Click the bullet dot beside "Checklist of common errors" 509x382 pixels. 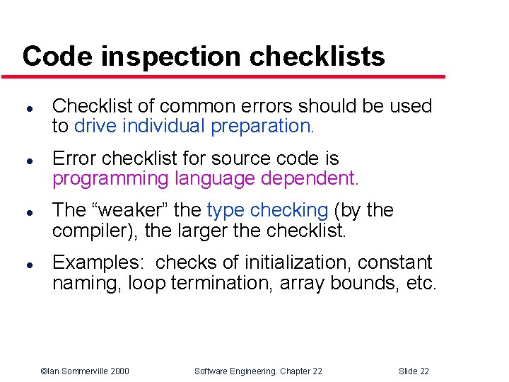tap(26, 109)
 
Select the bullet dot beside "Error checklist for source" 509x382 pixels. tap(26, 161)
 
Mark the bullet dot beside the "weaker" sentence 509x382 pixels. tap(26, 212)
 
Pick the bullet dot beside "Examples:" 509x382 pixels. tap(26, 265)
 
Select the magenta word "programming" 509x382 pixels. tap(110, 178)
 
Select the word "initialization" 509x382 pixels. tap(297, 262)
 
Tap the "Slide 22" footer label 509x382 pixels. tap(414, 371)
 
